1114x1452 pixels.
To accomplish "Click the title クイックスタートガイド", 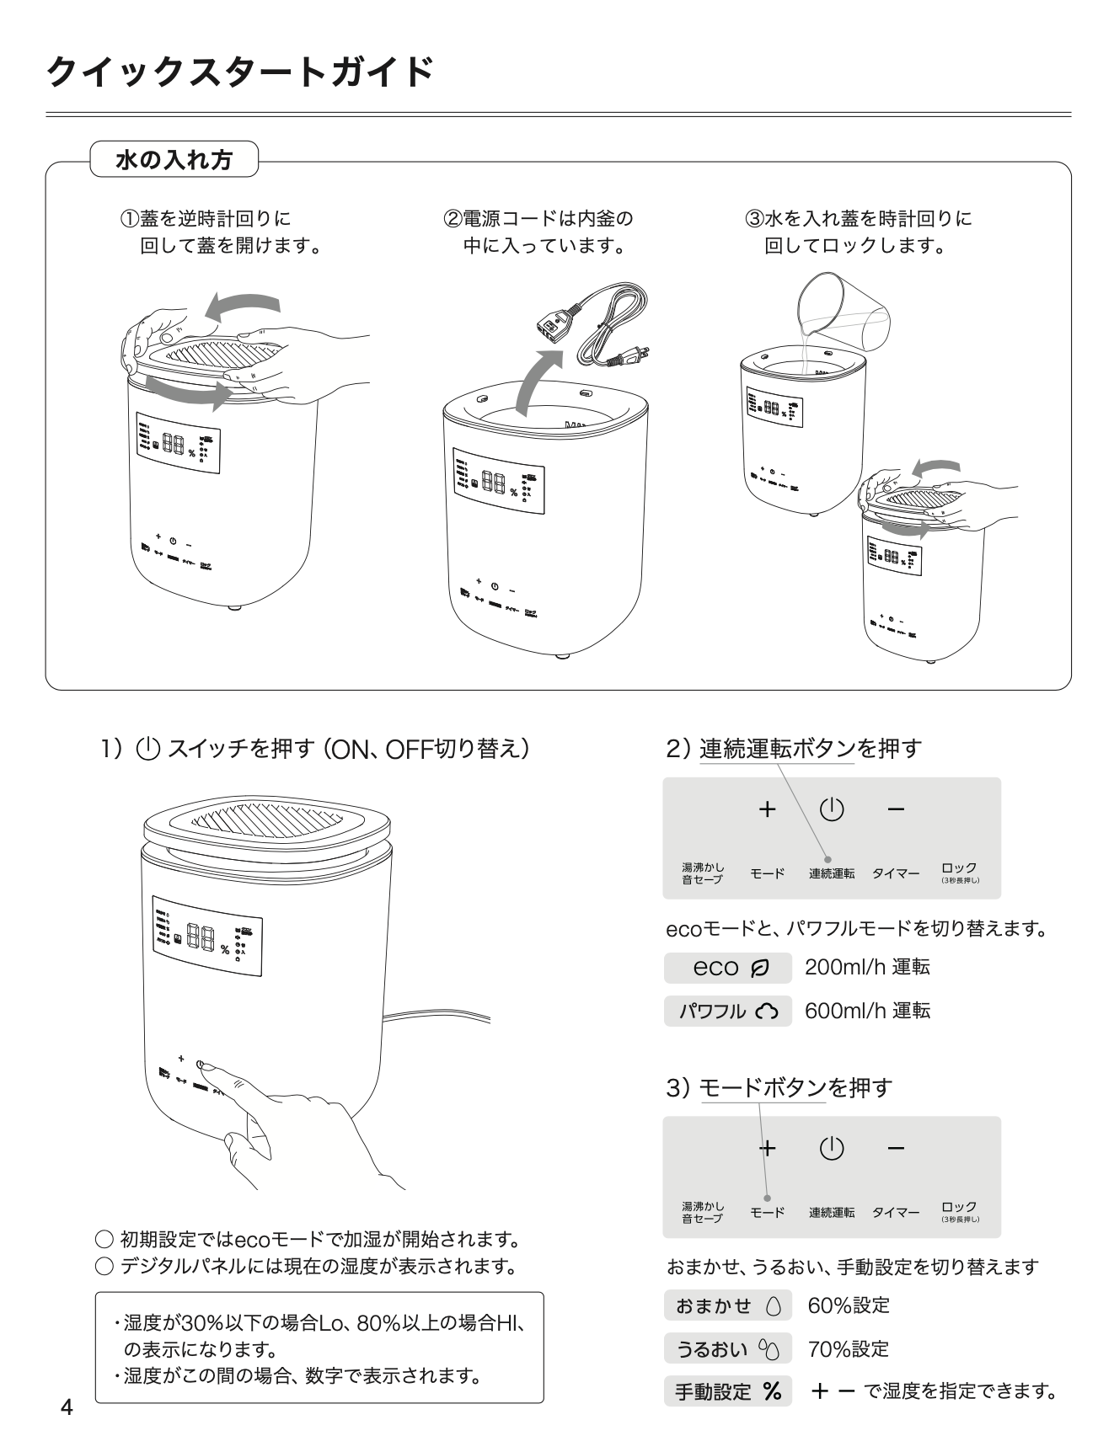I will [x=239, y=72].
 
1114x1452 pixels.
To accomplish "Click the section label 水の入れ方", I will [x=174, y=159].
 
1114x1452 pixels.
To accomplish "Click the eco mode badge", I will [x=727, y=968].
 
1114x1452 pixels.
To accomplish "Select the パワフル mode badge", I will [x=727, y=1011].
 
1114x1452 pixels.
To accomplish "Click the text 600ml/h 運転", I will [x=867, y=1011].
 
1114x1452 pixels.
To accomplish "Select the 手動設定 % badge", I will [x=727, y=1391].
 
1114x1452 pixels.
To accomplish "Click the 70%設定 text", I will [x=849, y=1349].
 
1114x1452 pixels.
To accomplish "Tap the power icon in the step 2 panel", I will [x=831, y=809].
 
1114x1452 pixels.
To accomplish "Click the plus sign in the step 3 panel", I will [x=767, y=1148].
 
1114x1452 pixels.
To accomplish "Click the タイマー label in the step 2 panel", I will [x=895, y=874].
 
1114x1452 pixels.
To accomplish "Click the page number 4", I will [x=67, y=1407].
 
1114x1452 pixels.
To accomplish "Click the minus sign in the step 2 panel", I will [x=896, y=810].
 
